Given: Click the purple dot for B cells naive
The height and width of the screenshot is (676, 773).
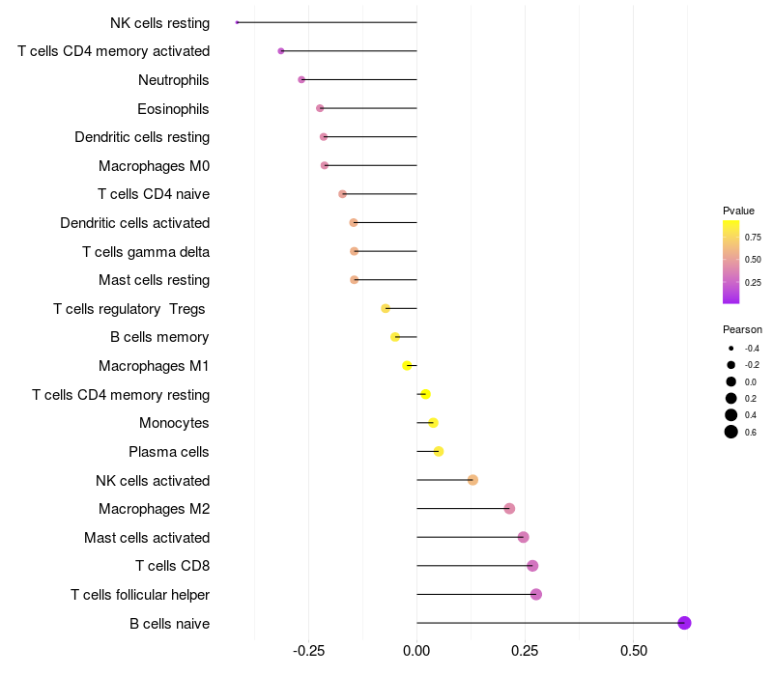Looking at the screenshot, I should click(684, 623).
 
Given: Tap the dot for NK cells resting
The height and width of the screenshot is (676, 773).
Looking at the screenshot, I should click(237, 22).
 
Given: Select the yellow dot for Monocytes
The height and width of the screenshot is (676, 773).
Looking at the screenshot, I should click(433, 423).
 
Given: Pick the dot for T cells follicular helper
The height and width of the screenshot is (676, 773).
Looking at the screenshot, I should click(536, 594).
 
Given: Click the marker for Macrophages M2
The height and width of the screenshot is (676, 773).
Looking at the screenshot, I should click(509, 509).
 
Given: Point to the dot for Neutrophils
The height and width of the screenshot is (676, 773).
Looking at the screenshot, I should click(301, 79).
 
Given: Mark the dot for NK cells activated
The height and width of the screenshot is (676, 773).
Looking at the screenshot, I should click(472, 480).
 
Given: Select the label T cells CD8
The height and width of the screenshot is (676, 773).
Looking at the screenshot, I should click(172, 566).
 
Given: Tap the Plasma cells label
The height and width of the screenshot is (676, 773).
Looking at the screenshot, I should click(169, 452).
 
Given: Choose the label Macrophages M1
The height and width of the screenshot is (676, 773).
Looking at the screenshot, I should click(154, 366).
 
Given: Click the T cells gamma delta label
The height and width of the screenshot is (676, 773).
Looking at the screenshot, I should click(146, 252).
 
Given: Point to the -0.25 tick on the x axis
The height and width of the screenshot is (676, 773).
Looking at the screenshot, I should click(308, 651).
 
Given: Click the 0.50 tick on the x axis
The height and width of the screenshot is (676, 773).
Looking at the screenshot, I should click(633, 651).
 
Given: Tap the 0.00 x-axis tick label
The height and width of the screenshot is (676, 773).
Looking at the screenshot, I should click(416, 651).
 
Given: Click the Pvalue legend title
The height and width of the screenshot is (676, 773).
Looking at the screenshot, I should click(738, 211).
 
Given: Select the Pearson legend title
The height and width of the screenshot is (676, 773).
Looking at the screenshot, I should click(742, 329).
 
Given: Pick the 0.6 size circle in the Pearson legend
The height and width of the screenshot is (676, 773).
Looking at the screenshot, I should click(731, 432).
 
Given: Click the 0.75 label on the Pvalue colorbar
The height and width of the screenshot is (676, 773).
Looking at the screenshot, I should click(753, 237).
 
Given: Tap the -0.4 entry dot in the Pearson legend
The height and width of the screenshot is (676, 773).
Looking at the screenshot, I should click(731, 348).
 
